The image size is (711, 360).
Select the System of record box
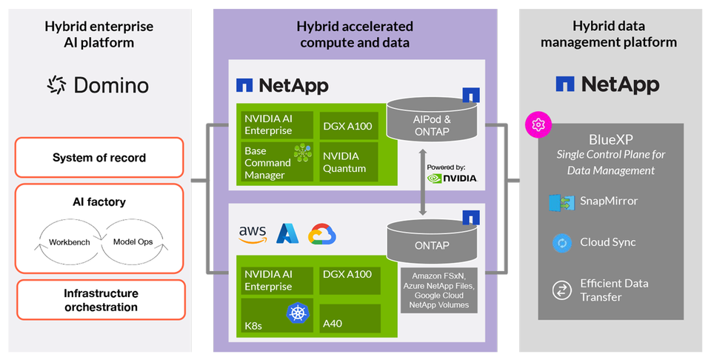[99, 158]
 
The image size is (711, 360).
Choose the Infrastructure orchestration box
[99, 300]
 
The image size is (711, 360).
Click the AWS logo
[253, 234]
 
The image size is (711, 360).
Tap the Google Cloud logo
[322, 234]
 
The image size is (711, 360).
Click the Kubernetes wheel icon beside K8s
[298, 313]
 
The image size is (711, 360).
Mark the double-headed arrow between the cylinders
[423, 181]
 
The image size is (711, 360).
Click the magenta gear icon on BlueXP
[535, 124]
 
